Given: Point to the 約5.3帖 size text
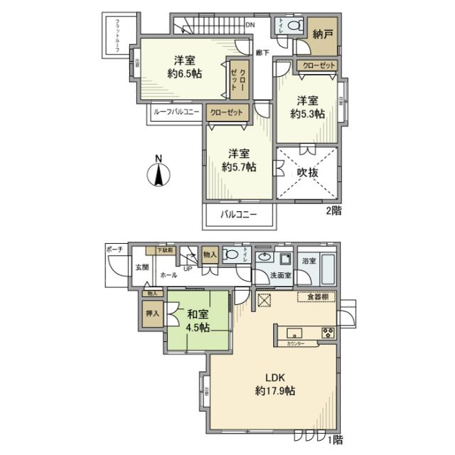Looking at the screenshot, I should point(308,113).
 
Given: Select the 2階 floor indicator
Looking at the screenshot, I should point(333,210).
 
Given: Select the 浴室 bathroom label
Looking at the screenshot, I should point(307,261).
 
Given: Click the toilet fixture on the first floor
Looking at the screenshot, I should point(231,254).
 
